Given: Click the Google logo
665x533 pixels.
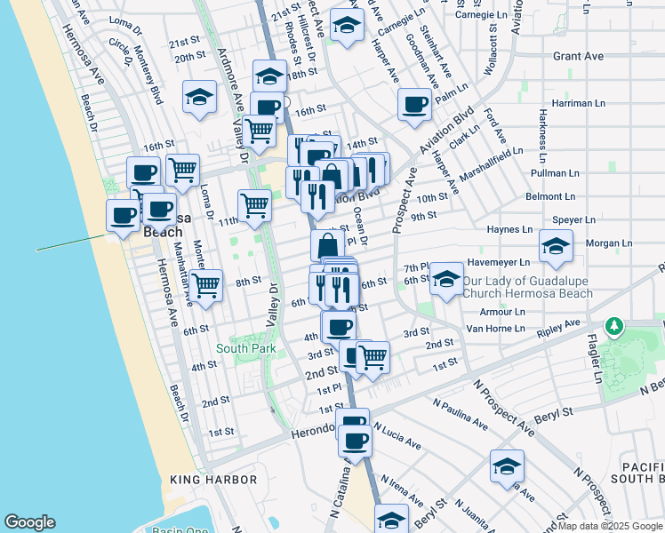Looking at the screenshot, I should point(29,522).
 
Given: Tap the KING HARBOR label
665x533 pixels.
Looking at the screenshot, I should point(213,480).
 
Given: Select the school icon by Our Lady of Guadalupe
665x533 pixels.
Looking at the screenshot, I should point(447,278).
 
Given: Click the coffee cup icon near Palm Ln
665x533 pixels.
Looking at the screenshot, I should point(414,105).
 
